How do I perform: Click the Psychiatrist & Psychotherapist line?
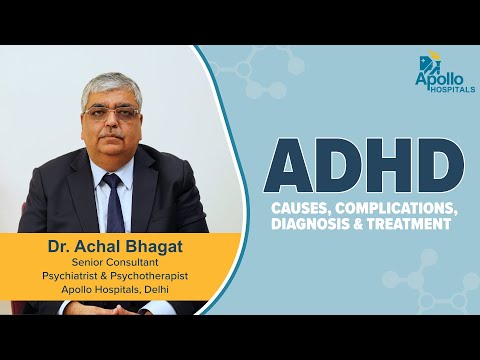(112, 278)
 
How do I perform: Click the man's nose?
(111, 124)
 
